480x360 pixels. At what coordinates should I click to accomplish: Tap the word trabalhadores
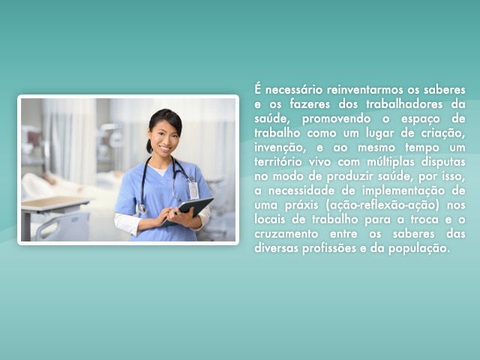[404, 104]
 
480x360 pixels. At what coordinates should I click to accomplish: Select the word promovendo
[336, 119]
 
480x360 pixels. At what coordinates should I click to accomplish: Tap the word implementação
[403, 191]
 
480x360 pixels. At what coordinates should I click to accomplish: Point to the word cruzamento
[286, 234]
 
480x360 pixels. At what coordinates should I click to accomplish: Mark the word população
[419, 248]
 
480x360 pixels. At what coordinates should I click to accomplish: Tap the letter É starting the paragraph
[258, 89]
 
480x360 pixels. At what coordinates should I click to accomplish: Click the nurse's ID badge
[193, 190]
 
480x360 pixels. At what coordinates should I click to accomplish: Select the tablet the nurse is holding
[187, 211]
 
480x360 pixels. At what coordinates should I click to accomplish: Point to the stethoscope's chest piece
[142, 209]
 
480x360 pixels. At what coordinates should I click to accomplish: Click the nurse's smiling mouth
[165, 148]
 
